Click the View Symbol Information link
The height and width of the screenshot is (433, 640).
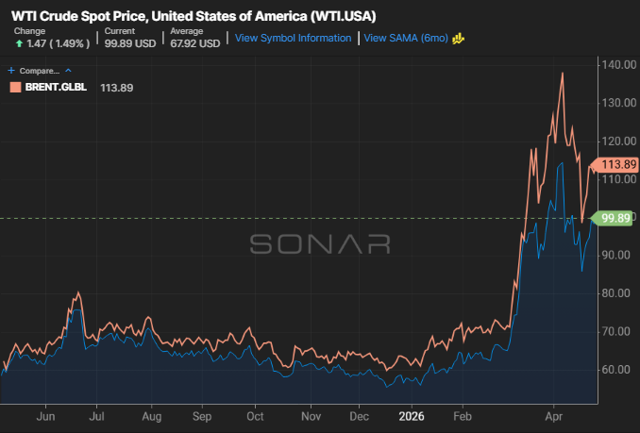pos(293,38)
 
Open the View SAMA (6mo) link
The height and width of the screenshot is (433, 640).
pos(406,38)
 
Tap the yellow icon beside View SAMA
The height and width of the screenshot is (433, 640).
pos(459,39)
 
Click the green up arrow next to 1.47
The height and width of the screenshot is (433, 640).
pos(19,43)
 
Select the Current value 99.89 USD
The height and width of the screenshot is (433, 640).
pos(130,43)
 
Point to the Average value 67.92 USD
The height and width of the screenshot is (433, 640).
pos(195,43)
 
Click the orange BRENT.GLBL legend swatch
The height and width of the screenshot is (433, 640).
pos(15,87)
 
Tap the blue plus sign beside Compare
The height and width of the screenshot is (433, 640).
pos(11,71)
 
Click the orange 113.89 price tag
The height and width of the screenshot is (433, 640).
pos(615,164)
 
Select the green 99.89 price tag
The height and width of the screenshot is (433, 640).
pos(613,218)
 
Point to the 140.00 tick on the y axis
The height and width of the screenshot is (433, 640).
pos(619,65)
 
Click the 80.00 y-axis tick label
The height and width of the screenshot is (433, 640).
pos(619,293)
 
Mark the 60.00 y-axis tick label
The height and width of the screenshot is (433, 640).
pos(619,370)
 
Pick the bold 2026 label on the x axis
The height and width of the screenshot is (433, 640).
pos(412,416)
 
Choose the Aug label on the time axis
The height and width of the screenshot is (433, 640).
pos(151,417)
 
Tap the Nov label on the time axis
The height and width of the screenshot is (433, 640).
pos(311,416)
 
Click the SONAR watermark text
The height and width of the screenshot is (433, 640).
pos(320,243)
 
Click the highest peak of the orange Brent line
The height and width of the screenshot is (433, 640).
pos(563,73)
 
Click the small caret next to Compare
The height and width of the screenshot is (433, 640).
pos(68,71)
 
